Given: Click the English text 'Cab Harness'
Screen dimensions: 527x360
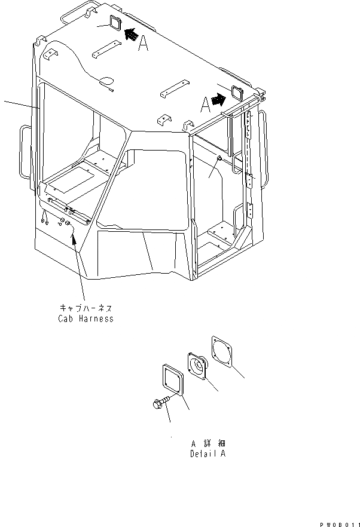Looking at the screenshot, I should [x=85, y=318].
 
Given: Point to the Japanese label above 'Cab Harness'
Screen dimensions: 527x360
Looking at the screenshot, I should [x=85, y=307].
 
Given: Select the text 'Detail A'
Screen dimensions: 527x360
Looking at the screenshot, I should [x=207, y=454].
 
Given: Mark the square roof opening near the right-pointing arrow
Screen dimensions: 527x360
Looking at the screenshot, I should [x=236, y=93].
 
